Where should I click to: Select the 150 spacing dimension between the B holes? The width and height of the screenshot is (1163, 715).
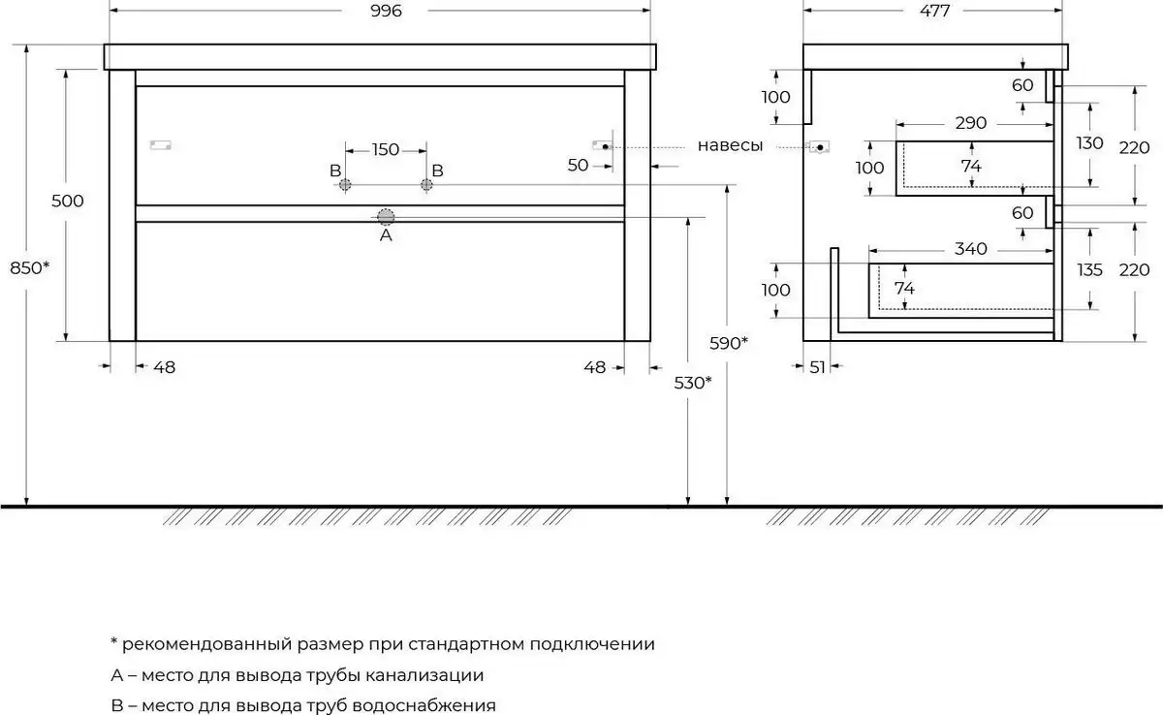pyautogui.click(x=386, y=149)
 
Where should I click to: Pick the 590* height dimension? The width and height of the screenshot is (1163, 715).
pyautogui.click(x=730, y=343)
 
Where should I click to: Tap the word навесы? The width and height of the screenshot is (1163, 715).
pyautogui.click(x=730, y=146)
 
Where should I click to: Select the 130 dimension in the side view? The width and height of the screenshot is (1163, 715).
pyautogui.click(x=1090, y=143)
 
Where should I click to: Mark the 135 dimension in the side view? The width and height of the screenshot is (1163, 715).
pyautogui.click(x=1090, y=270)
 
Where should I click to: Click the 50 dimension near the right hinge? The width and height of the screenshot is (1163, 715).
pyautogui.click(x=578, y=166)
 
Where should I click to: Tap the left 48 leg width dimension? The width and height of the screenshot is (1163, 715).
pyautogui.click(x=165, y=367)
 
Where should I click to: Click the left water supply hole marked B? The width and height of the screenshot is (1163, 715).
pyautogui.click(x=345, y=184)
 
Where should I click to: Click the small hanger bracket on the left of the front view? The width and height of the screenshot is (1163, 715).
pyautogui.click(x=161, y=146)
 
